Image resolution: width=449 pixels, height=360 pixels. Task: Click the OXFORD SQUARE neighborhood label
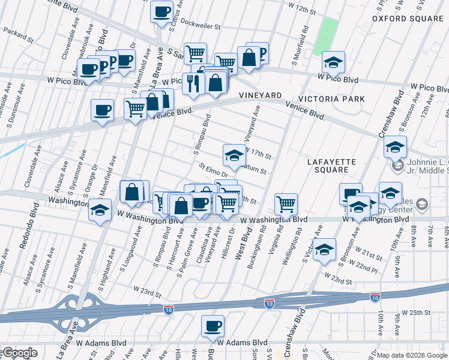point(407,19)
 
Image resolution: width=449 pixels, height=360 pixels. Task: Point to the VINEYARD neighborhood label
point(260,96)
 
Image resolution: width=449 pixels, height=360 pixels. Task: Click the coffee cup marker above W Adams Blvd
point(212,327)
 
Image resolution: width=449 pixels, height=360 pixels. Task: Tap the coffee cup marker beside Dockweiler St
point(161,11)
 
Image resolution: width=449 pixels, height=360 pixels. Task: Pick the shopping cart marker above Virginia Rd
point(286,204)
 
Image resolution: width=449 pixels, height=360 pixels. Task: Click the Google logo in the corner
point(19,353)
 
